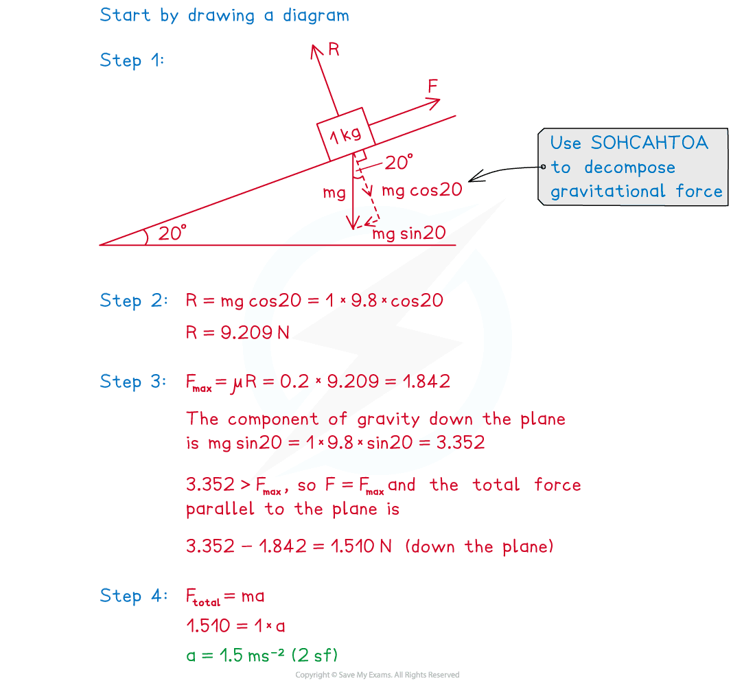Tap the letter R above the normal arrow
tap(334, 49)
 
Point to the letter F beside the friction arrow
tap(433, 86)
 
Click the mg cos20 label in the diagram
tap(422, 190)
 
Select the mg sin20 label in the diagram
tap(409, 233)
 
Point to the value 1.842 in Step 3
tap(427, 382)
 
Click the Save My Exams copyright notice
tap(377, 675)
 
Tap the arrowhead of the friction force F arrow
tap(434, 103)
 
